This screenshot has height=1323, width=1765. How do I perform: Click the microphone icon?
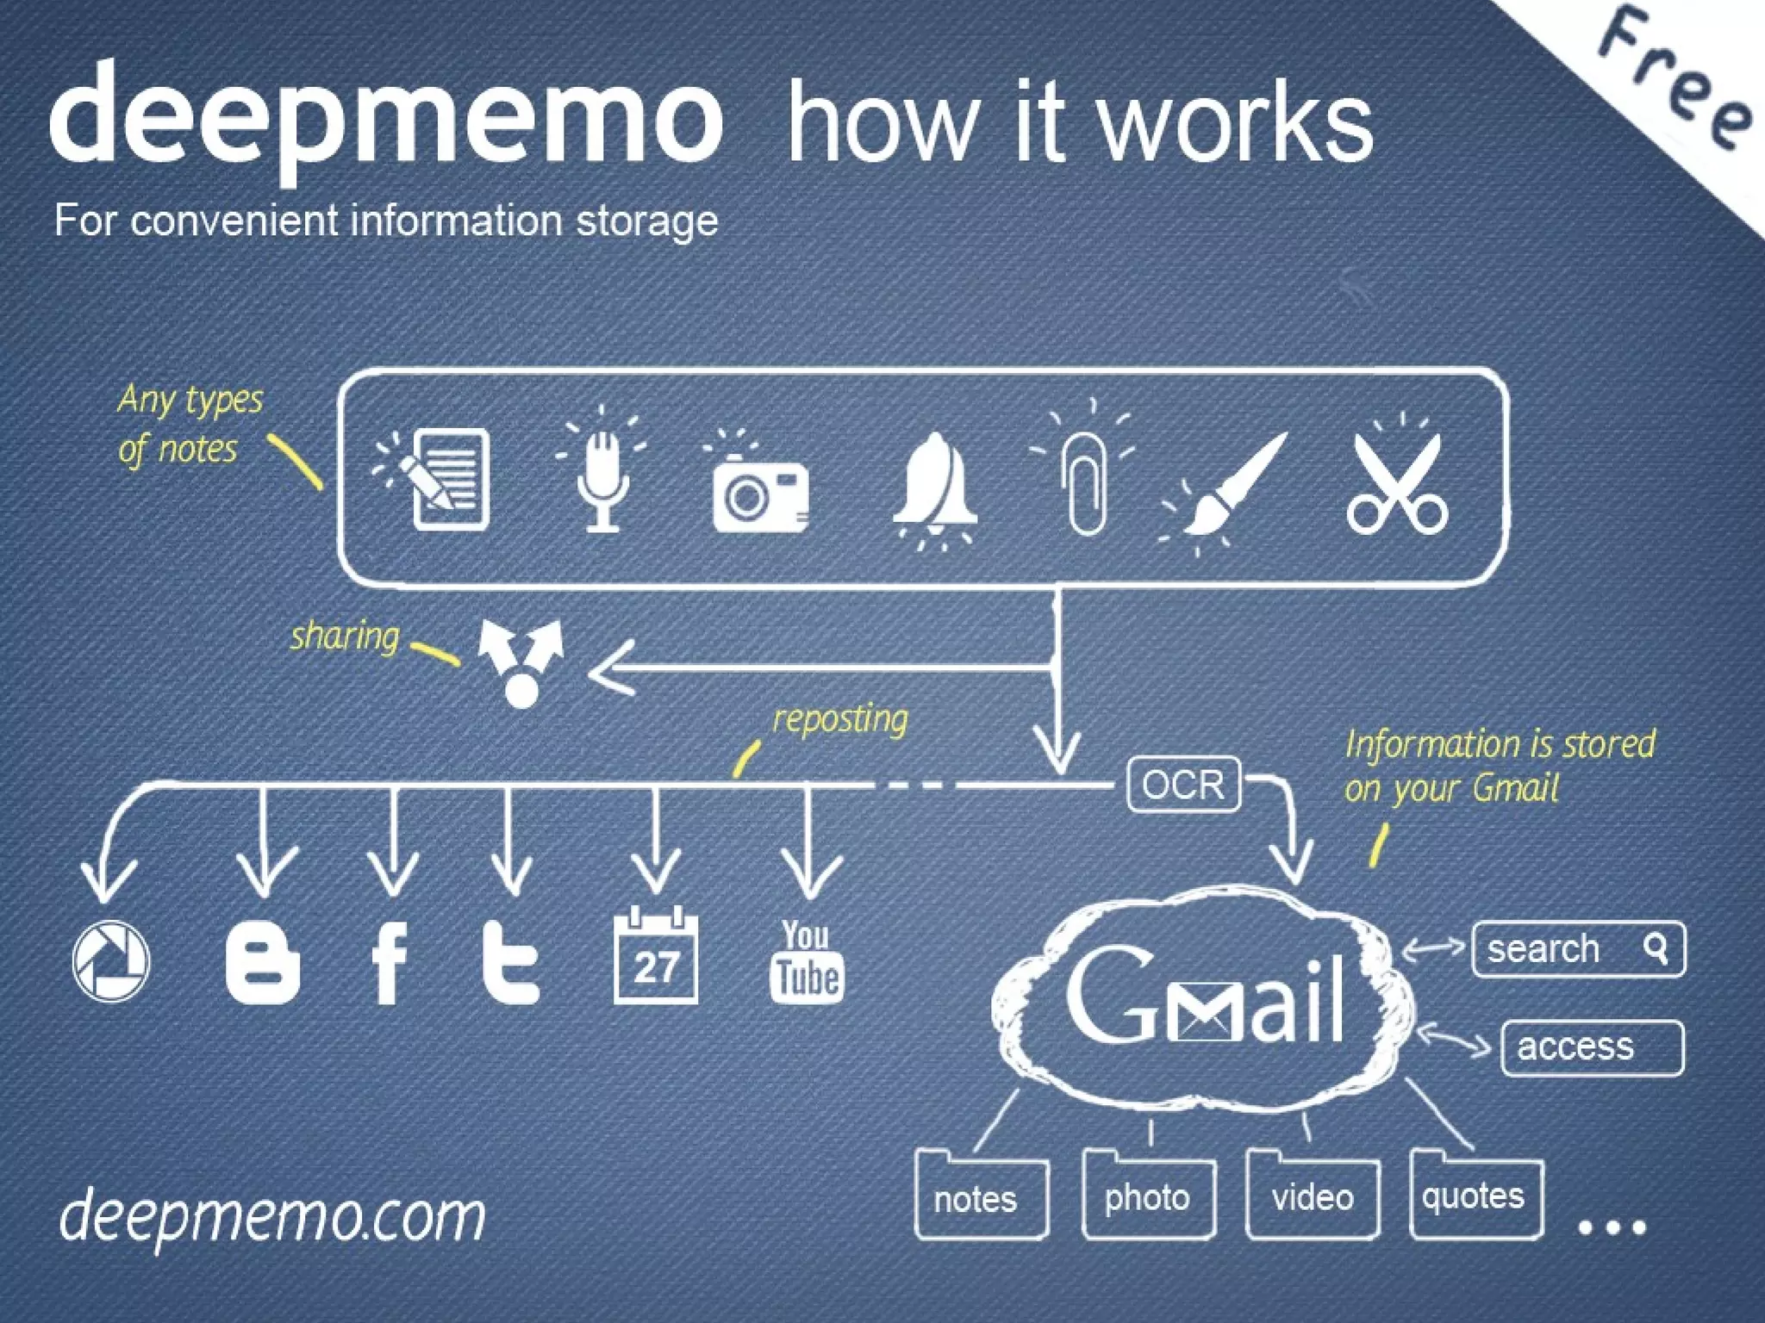pyautogui.click(x=602, y=478)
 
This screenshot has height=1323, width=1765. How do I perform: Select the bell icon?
pyautogui.click(x=934, y=482)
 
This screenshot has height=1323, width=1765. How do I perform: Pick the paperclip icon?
pyautogui.click(x=1086, y=482)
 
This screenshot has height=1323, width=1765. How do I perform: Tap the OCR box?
pyautogui.click(x=1183, y=785)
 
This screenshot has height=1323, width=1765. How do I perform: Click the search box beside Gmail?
pyautogui.click(x=1578, y=949)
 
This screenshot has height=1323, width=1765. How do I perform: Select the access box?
pyautogui.click(x=1592, y=1047)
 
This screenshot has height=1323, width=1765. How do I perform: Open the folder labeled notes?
pyautogui.click(x=981, y=1196)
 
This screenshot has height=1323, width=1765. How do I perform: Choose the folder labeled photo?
pyautogui.click(x=1148, y=1195)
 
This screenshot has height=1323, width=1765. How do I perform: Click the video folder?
pyautogui.click(x=1313, y=1195)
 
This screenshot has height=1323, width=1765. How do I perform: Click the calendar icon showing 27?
pyautogui.click(x=656, y=957)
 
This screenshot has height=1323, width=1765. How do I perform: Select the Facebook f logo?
pyautogui.click(x=390, y=963)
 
